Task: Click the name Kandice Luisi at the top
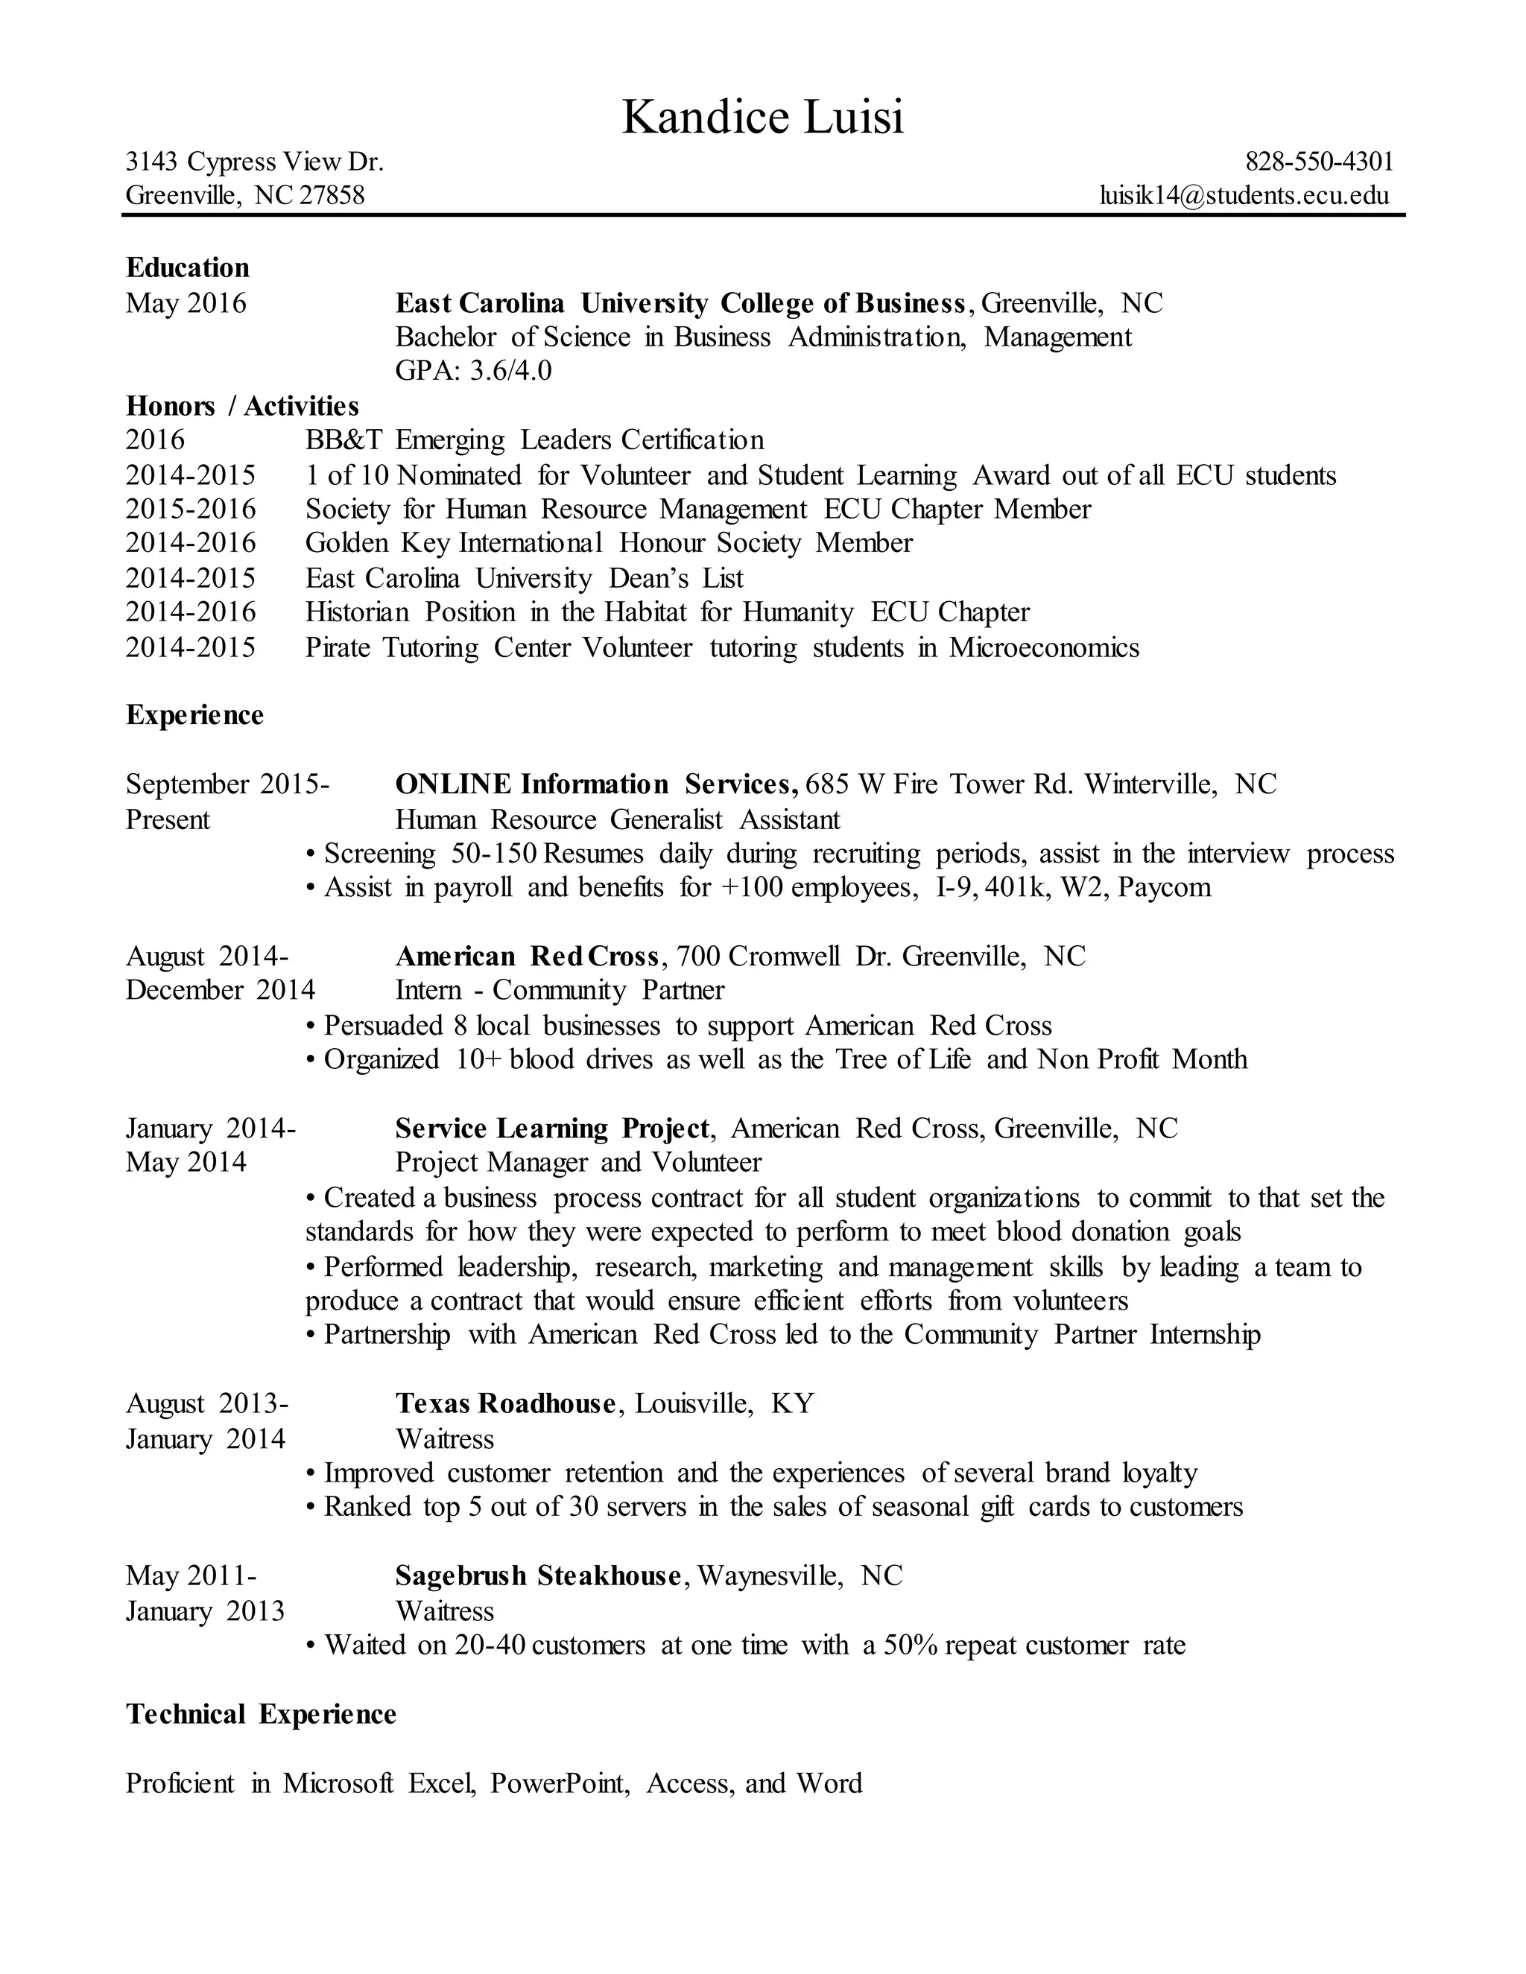pos(762,118)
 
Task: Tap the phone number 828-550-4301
pos(1319,162)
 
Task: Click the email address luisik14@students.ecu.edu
pos(1244,195)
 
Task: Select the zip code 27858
pos(332,195)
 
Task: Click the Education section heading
pos(187,267)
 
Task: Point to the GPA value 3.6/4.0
pos(510,370)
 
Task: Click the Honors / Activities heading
pos(242,406)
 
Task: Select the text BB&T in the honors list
pos(343,440)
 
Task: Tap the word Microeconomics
pos(1043,648)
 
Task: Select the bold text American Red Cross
pos(527,956)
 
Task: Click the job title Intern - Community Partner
pos(560,991)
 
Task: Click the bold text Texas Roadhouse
pos(505,1403)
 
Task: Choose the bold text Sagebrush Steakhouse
pos(538,1576)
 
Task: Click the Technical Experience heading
pos(260,1715)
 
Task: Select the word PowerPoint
pos(559,1783)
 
